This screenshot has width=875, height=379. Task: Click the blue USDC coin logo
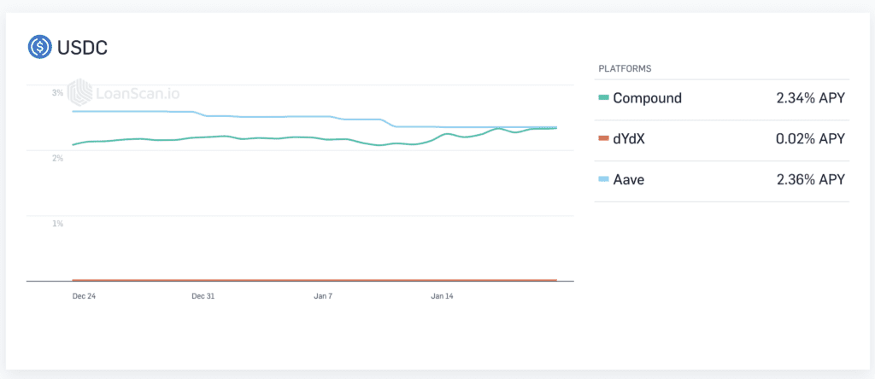point(39,48)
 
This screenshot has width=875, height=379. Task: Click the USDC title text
point(83,48)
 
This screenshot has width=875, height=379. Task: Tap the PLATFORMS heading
point(625,69)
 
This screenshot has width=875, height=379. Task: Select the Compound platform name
point(648,98)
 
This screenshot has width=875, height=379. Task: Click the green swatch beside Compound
point(603,98)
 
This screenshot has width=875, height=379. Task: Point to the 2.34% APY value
point(810,98)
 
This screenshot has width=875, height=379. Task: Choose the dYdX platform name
point(629,139)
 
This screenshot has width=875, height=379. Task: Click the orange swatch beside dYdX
point(603,139)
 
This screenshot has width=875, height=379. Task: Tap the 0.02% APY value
point(810,139)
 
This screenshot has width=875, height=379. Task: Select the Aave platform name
point(629,179)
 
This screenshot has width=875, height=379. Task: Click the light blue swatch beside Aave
point(603,179)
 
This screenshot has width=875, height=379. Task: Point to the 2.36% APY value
point(810,179)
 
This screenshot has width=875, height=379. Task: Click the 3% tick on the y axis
point(57,93)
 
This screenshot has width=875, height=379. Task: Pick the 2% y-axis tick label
point(57,158)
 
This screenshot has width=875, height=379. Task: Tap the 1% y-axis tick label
point(57,224)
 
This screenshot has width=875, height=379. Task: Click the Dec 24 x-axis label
point(84,296)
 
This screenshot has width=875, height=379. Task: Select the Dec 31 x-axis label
point(203,296)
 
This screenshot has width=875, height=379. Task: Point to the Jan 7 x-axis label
point(323,296)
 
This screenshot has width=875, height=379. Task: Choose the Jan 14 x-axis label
point(442,296)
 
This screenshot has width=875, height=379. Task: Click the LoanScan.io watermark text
point(138,93)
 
